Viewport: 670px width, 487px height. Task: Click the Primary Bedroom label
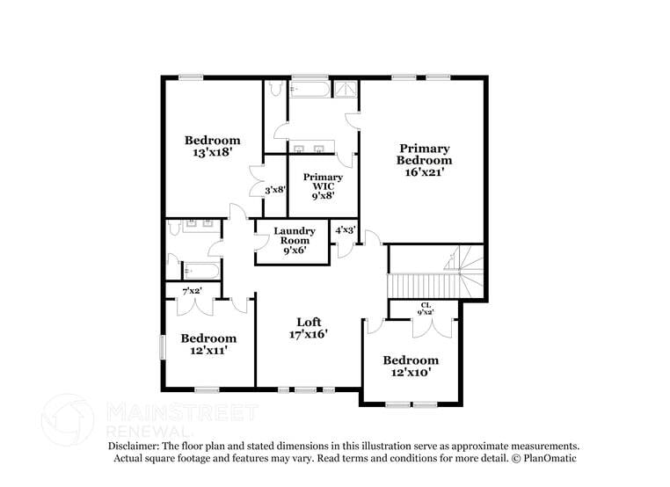[x=424, y=154]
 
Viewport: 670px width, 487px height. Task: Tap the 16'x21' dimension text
[x=424, y=172]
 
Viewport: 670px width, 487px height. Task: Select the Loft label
[x=308, y=321]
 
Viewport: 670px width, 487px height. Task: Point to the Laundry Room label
[x=294, y=236]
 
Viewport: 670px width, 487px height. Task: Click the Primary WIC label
[x=323, y=181]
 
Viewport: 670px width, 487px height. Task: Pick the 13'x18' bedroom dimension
[x=212, y=153]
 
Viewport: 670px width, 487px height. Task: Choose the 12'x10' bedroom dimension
[x=410, y=374]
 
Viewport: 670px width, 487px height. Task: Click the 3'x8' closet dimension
[x=275, y=189]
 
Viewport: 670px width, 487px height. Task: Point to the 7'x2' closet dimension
[x=191, y=290]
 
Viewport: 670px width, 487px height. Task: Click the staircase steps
[x=423, y=286]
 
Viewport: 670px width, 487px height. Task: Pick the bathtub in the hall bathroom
[x=201, y=270]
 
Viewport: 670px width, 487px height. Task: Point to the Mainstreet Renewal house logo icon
[x=68, y=418]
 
